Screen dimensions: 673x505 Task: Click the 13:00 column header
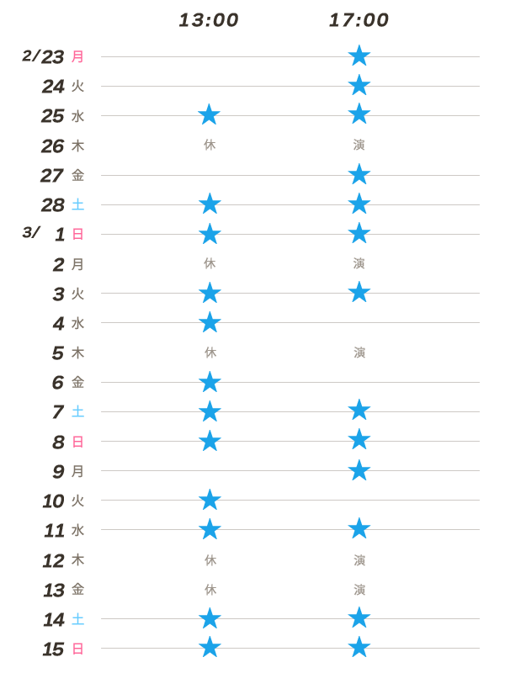point(209,20)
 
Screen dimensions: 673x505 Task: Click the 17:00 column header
point(359,20)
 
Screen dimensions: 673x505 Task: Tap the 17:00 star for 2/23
point(359,56)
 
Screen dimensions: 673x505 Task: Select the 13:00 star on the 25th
point(210,114)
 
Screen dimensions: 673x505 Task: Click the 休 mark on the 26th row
point(210,145)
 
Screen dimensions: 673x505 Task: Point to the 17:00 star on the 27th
point(359,174)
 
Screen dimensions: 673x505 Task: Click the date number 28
point(53,205)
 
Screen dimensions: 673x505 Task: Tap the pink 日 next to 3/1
point(77,235)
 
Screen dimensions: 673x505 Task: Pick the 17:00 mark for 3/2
point(359,263)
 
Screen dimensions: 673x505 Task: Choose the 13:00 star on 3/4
point(210,322)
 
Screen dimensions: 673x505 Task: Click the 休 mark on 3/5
point(210,352)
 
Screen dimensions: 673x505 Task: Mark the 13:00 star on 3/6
point(210,382)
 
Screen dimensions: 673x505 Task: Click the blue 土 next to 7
point(77,412)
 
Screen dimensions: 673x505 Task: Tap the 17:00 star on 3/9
point(359,470)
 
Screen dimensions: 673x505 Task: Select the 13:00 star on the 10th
point(210,500)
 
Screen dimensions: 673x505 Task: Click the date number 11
point(54,531)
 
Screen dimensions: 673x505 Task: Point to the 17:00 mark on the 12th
point(359,559)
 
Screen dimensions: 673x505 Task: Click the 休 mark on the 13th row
point(210,589)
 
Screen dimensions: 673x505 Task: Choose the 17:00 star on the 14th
point(359,618)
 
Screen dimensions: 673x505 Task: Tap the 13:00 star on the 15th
point(210,648)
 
